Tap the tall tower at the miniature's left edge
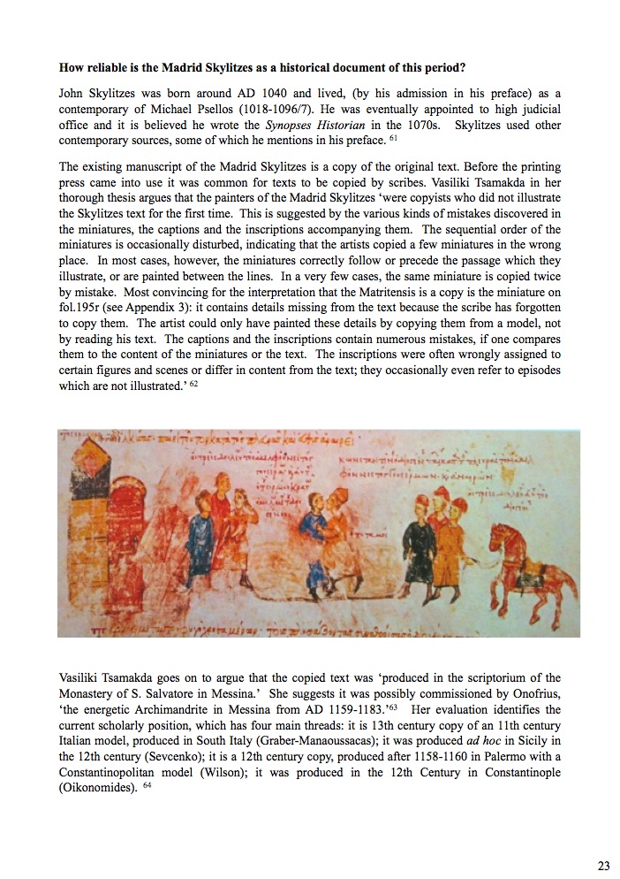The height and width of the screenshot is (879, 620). click(84, 522)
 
